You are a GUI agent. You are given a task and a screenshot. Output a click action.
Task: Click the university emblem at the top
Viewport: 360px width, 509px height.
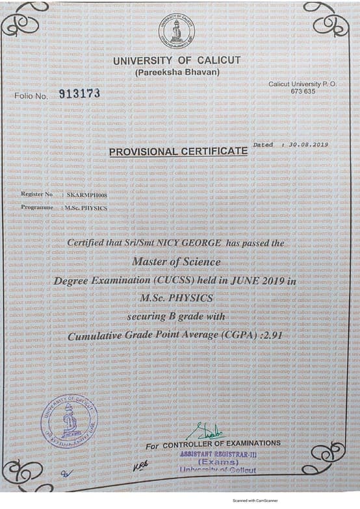176,30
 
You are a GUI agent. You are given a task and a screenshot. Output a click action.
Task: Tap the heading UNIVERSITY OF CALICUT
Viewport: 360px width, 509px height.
177,60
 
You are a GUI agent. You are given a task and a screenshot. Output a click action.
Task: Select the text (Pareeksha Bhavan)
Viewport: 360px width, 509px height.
177,71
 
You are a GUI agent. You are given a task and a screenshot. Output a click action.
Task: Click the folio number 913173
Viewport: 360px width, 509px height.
79,93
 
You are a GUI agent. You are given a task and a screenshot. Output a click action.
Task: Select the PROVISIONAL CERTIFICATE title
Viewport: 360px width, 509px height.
178,151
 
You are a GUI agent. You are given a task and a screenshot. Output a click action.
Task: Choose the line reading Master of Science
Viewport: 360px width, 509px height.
176,262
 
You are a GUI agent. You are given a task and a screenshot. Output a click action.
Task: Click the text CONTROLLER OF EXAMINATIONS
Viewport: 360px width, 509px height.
222,444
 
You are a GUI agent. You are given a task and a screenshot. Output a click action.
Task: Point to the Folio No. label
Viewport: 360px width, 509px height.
31,96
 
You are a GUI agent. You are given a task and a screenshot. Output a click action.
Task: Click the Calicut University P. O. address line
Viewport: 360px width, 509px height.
298,84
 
